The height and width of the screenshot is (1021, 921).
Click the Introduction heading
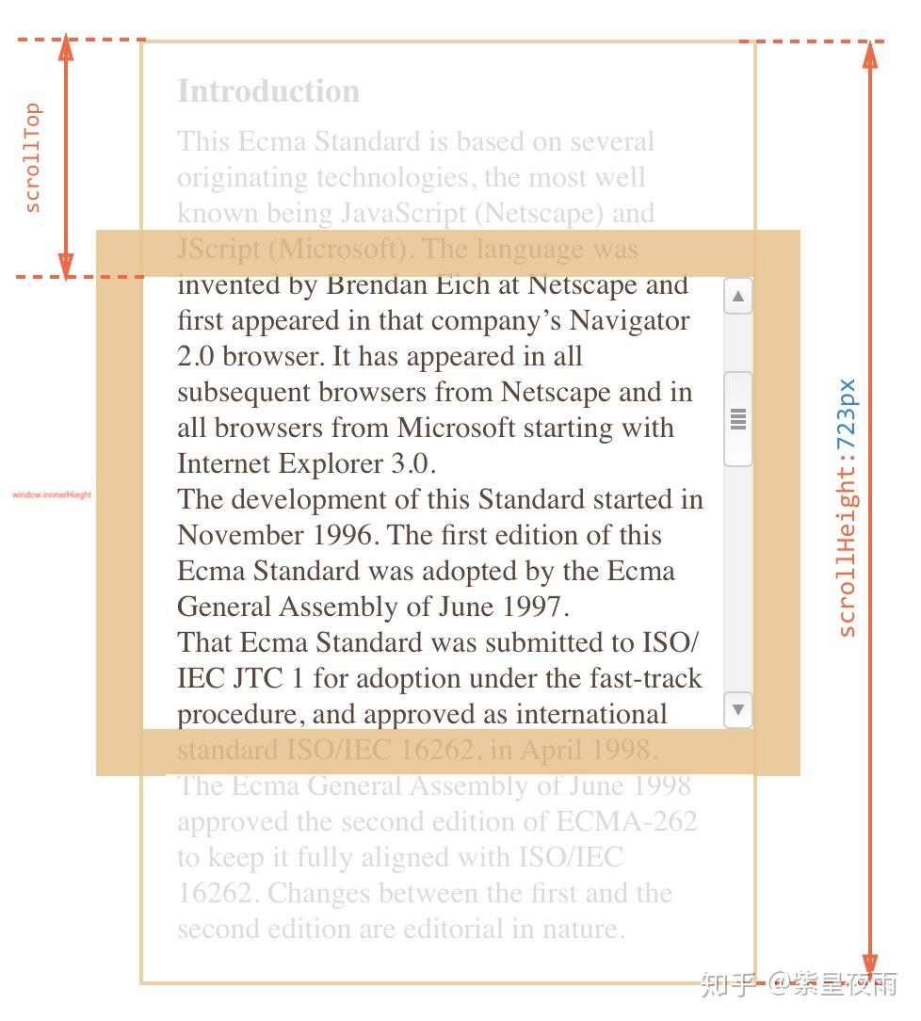point(268,91)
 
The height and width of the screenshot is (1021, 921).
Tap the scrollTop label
point(32,157)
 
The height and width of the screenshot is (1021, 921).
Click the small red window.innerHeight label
point(52,494)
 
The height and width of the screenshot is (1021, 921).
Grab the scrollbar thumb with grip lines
point(738,418)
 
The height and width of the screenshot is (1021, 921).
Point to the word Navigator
point(630,321)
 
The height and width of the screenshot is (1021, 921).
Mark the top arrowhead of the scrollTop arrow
point(66,48)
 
